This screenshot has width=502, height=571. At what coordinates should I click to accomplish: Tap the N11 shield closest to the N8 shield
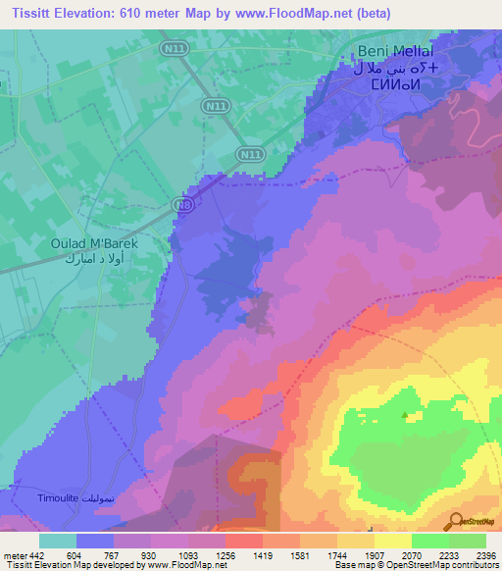point(250,154)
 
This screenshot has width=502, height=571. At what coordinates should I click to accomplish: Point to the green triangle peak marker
point(405,414)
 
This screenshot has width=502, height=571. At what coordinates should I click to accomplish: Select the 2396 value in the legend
point(486,554)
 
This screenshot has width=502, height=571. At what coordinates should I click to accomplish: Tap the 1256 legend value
point(225,554)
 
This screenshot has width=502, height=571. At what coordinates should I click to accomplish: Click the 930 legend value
point(149,554)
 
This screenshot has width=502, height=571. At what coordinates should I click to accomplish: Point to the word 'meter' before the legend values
point(13,554)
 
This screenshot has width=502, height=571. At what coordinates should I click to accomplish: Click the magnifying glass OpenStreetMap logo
point(456,521)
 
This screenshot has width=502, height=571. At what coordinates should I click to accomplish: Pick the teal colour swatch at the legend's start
point(58,541)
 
